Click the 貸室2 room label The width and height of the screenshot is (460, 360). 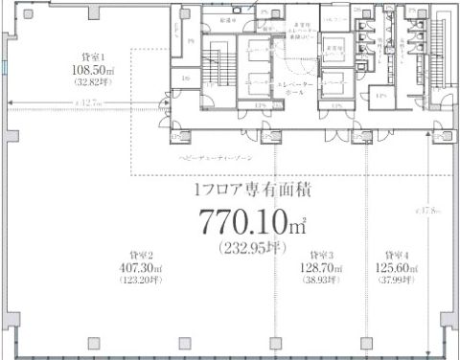[138, 256]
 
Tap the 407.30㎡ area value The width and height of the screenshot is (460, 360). [138, 268]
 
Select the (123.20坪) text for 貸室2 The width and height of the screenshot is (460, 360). [138, 281]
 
